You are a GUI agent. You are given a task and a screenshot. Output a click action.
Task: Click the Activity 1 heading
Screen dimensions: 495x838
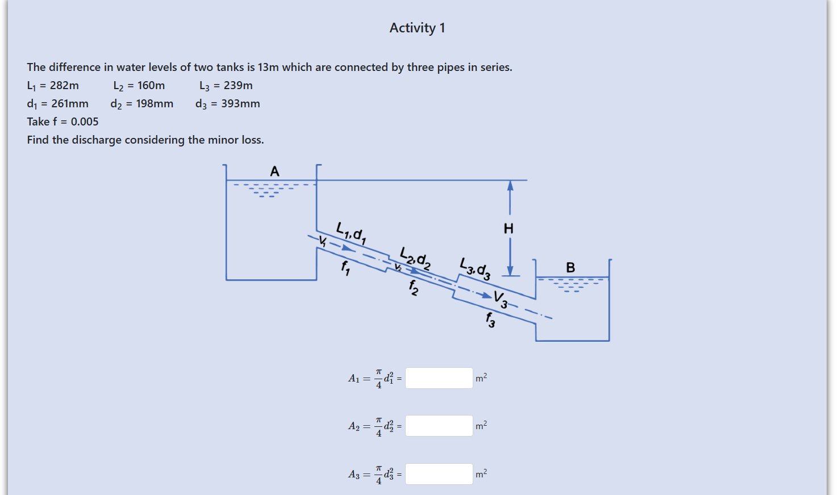417,28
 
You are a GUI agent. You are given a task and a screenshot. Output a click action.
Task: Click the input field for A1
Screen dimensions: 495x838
439,378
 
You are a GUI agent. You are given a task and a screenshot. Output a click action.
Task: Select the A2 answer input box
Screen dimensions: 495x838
439,426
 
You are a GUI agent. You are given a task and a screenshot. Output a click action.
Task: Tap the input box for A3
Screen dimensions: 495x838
439,474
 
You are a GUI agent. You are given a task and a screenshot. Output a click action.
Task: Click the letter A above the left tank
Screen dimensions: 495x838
274,171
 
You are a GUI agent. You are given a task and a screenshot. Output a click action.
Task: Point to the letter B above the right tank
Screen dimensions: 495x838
570,267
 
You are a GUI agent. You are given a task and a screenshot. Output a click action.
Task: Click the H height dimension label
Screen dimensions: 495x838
508,229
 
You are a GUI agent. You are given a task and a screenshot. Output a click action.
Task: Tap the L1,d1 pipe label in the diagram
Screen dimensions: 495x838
351,233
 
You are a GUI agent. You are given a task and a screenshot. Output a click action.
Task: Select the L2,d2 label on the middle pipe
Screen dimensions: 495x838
415,258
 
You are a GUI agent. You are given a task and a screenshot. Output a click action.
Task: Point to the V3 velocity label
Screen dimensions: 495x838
501,299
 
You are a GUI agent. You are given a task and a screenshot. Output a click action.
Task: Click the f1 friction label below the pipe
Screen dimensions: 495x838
345,267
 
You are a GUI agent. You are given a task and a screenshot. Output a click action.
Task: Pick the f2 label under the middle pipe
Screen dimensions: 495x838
414,287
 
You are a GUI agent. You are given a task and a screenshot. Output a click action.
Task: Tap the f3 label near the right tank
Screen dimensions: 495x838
490,320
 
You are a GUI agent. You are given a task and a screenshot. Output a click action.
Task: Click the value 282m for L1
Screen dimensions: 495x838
64,86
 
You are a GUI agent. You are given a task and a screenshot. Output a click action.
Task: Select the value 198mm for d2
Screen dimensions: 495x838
155,104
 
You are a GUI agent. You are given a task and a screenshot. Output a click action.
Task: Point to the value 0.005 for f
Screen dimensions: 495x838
85,122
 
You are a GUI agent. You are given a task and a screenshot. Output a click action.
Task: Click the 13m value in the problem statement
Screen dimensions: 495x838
268,68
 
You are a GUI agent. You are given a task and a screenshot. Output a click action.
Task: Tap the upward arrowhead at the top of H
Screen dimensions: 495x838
510,186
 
